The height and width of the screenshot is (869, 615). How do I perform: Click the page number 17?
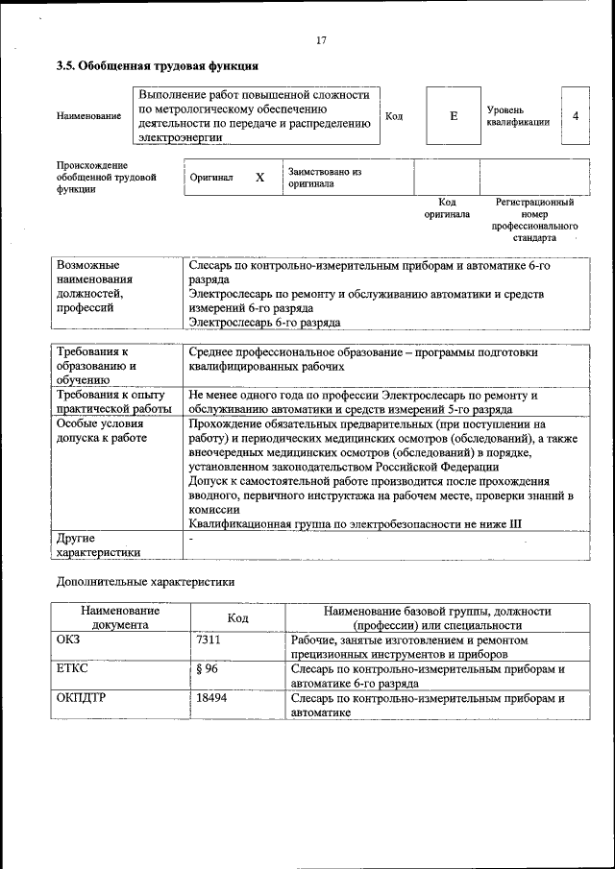pyautogui.click(x=321, y=40)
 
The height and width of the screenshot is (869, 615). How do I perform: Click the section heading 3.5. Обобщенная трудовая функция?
pyautogui.click(x=157, y=66)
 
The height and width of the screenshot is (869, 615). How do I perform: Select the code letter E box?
pyautogui.click(x=454, y=116)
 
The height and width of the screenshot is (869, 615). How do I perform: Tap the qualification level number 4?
pyautogui.click(x=575, y=116)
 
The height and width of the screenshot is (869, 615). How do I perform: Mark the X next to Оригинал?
pyautogui.click(x=259, y=178)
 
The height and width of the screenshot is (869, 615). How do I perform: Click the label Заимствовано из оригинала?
pyautogui.click(x=325, y=177)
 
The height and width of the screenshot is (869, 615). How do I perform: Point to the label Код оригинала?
pyautogui.click(x=447, y=208)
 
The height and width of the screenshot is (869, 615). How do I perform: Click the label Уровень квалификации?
pyautogui.click(x=518, y=116)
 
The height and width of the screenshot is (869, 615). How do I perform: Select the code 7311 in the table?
pyautogui.click(x=209, y=640)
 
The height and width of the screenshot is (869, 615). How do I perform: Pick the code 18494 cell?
pyautogui.click(x=211, y=699)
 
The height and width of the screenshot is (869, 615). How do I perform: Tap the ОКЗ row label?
pyautogui.click(x=69, y=640)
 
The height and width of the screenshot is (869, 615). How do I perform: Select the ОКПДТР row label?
pyautogui.click(x=81, y=699)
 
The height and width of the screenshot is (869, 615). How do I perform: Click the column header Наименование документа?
pyautogui.click(x=120, y=616)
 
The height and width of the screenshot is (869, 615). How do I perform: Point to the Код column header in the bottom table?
pyautogui.click(x=237, y=617)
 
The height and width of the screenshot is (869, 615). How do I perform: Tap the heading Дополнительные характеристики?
pyautogui.click(x=145, y=581)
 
